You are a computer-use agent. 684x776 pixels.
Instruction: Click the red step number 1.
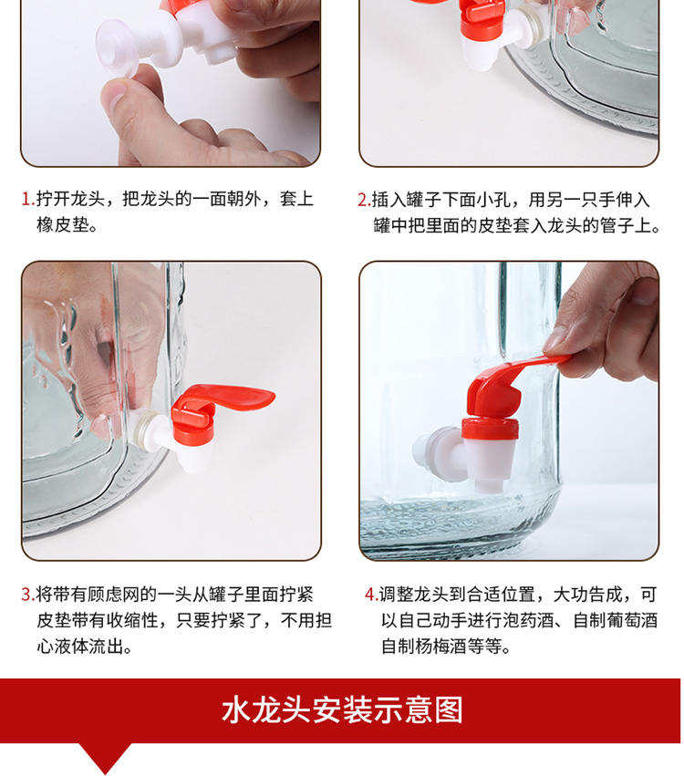[x=27, y=200]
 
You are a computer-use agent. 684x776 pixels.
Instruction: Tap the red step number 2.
[x=363, y=200]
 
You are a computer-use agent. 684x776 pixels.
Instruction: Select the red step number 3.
[x=27, y=595]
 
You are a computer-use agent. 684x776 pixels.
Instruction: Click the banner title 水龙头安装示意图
[x=342, y=710]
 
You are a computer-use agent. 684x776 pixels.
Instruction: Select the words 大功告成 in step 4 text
[x=587, y=595]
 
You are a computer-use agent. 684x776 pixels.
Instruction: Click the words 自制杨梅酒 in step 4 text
[x=424, y=647]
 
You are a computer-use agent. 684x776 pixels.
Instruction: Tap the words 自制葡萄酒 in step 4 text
[x=616, y=620]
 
